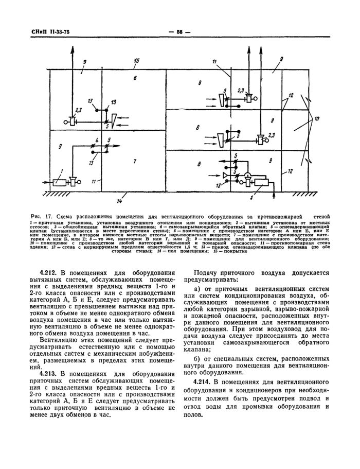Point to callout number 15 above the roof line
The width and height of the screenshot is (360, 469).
tap(136, 61)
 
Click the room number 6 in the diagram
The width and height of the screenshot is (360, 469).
tap(134, 78)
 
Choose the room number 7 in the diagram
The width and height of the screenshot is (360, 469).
tap(134, 162)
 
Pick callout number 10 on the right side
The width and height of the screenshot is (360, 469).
tap(316, 119)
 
